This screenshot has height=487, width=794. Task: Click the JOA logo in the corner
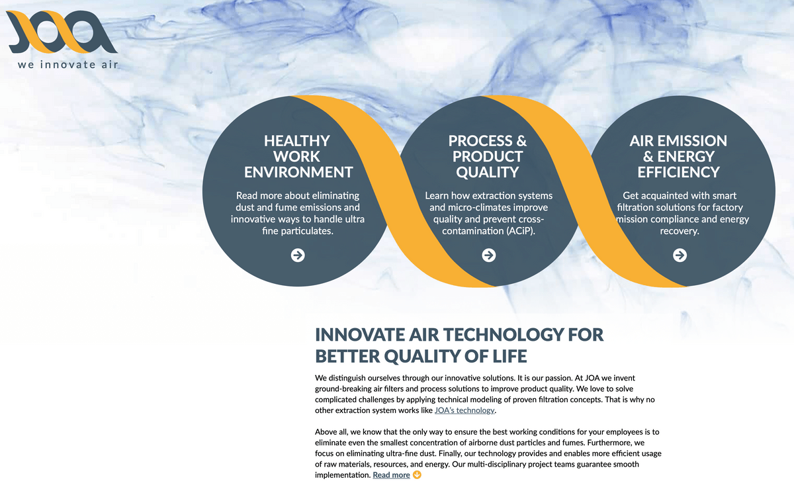[x=62, y=32]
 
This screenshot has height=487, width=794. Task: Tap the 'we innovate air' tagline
[x=67, y=64]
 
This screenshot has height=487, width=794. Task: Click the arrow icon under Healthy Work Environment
[x=298, y=255]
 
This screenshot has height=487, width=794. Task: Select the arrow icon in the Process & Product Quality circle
[x=489, y=255]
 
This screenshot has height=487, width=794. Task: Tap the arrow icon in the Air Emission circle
[x=680, y=255]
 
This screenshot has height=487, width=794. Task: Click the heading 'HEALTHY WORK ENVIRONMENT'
[x=298, y=156]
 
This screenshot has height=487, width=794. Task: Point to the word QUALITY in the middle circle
[x=488, y=172]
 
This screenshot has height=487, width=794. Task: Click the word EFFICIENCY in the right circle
[x=678, y=172]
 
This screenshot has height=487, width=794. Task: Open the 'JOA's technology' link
[x=464, y=410]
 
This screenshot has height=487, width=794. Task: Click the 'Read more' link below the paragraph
[x=391, y=475]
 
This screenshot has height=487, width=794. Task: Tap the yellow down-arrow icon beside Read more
[x=418, y=475]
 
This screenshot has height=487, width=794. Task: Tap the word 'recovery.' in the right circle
[x=680, y=231]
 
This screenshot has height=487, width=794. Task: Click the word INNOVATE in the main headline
[x=360, y=335]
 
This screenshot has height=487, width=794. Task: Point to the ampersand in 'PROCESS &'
[x=521, y=141]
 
